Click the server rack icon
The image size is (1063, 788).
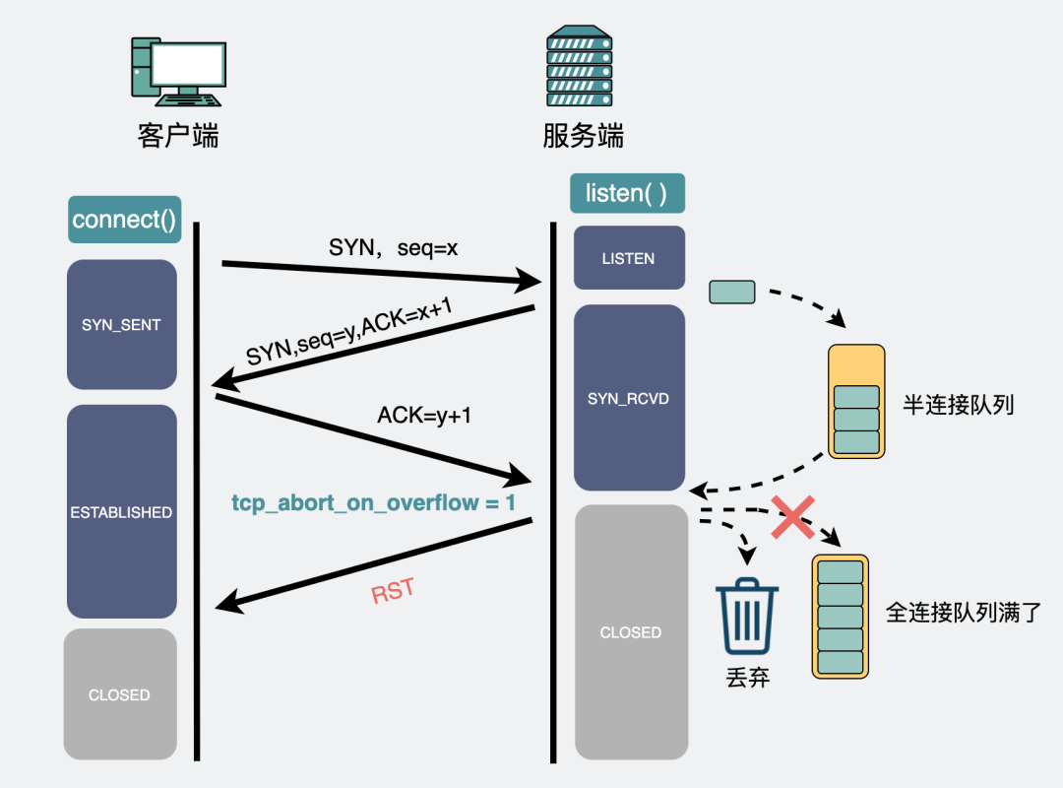[580, 67]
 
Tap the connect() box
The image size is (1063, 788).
[124, 219]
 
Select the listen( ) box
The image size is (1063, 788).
[627, 193]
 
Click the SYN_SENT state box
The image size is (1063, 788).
[121, 324]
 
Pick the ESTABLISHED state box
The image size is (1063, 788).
[121, 512]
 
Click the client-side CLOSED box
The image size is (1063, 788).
[119, 694]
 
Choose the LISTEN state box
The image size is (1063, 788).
[628, 258]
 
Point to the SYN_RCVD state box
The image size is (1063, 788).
[628, 398]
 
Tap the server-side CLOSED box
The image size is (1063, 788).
[630, 632]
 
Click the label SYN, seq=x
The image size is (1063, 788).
[393, 248]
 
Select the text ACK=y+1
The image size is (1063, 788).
[424, 416]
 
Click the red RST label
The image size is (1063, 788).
[393, 593]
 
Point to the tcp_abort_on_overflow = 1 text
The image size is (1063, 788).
[373, 502]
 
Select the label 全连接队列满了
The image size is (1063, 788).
[961, 613]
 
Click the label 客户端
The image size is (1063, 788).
[177, 135]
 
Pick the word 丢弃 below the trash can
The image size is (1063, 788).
[747, 678]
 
